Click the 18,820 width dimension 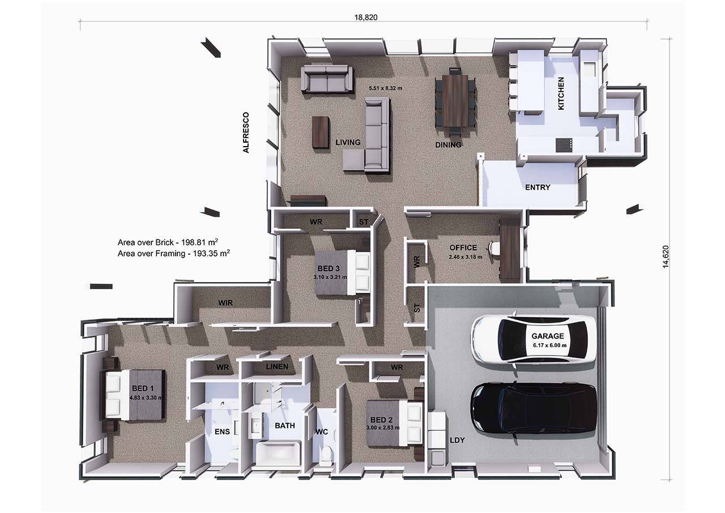(x=366, y=18)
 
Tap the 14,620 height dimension (x=666, y=256)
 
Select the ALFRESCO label (x=246, y=132)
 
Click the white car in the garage (x=533, y=339)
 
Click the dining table (x=455, y=101)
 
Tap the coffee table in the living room (x=321, y=132)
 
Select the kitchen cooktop (x=564, y=145)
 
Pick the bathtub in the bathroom (x=279, y=454)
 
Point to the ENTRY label (x=538, y=187)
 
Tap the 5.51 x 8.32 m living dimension (x=386, y=88)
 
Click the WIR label (x=225, y=303)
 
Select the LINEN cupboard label (x=277, y=366)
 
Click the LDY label (x=457, y=440)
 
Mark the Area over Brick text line (x=168, y=242)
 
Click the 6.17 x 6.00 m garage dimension (x=549, y=345)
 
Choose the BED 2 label (x=381, y=420)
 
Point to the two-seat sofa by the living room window (x=327, y=79)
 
